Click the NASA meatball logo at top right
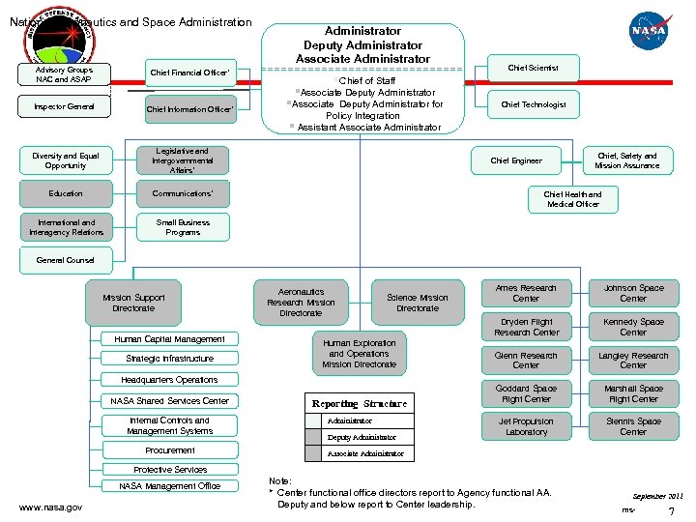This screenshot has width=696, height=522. click(650, 31)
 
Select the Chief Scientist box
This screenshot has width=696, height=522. click(533, 68)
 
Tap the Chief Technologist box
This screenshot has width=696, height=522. click(534, 104)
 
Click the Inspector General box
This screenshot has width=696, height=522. click(66, 106)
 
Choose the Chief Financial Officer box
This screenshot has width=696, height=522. click(189, 72)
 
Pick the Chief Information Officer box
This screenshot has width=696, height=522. click(189, 109)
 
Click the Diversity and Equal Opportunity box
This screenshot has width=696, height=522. click(66, 160)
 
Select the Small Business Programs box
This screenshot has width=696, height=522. click(183, 227)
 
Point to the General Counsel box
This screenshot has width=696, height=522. click(66, 260)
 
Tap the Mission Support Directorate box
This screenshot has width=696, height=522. click(133, 303)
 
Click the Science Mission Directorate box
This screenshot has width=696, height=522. click(418, 303)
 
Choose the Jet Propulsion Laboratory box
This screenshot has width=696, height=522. click(526, 426)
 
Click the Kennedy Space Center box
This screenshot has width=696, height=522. click(633, 327)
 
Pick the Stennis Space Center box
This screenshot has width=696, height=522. click(633, 426)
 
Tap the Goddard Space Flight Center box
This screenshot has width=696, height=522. click(526, 393)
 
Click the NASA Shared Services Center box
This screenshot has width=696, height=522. click(170, 400)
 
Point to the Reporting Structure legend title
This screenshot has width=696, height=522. click(359, 403)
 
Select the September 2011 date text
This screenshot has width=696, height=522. click(656, 494)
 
